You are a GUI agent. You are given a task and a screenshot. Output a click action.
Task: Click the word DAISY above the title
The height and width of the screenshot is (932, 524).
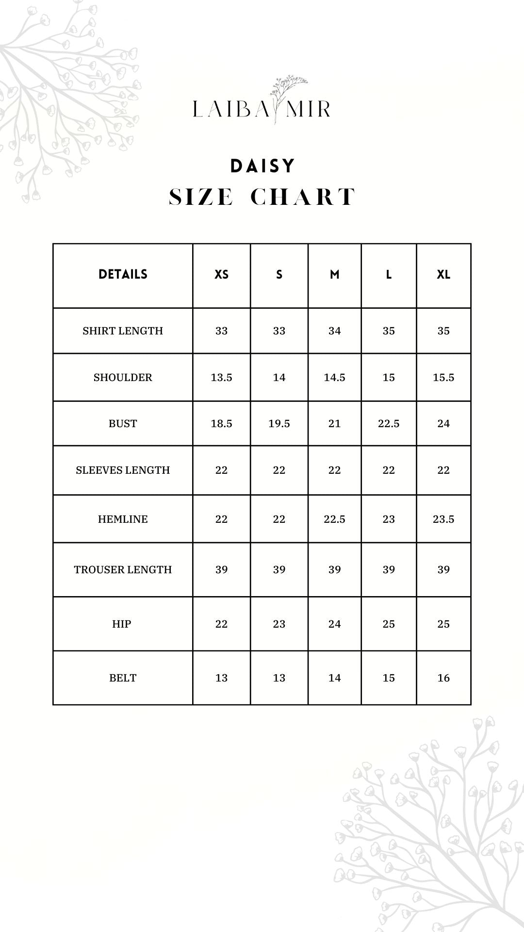pyautogui.click(x=262, y=166)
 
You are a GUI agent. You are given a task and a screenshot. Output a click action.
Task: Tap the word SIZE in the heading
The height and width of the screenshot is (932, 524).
pyautogui.click(x=201, y=197)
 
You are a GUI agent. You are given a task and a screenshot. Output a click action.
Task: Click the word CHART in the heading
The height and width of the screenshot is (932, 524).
pyautogui.click(x=303, y=197)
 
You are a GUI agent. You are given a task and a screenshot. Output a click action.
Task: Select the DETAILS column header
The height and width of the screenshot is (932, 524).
pyautogui.click(x=123, y=274)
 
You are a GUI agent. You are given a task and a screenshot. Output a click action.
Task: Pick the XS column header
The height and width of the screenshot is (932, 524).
pyautogui.click(x=221, y=275)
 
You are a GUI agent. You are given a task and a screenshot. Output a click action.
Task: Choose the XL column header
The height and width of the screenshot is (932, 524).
pyautogui.click(x=443, y=275)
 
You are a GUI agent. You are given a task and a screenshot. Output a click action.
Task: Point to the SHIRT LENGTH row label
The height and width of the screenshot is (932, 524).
pyautogui.click(x=123, y=331)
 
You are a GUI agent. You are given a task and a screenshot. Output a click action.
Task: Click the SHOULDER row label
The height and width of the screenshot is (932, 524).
pyautogui.click(x=123, y=378)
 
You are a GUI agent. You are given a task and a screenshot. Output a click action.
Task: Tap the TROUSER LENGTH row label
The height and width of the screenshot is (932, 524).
pyautogui.click(x=123, y=570)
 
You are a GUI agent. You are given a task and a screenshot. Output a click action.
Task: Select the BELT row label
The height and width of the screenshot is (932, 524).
pyautogui.click(x=123, y=678)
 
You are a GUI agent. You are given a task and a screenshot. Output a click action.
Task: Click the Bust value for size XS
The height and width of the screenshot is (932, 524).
pyautogui.click(x=221, y=424)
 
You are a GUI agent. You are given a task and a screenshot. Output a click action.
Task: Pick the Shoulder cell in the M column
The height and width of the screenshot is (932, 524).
pyautogui.click(x=334, y=378)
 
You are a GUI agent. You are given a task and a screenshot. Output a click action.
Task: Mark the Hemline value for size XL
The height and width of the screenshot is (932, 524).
pyautogui.click(x=443, y=519)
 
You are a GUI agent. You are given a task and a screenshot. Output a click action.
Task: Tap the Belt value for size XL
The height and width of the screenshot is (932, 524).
pyautogui.click(x=443, y=678)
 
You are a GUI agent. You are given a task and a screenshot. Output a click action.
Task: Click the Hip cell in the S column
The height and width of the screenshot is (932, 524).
pyautogui.click(x=279, y=624)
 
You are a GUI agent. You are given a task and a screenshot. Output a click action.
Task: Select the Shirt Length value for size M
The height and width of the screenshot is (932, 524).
pyautogui.click(x=334, y=331)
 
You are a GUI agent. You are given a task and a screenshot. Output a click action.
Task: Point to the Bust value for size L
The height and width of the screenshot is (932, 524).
pyautogui.click(x=389, y=424)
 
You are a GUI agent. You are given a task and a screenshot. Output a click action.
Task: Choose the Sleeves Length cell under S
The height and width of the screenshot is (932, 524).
pyautogui.click(x=279, y=470)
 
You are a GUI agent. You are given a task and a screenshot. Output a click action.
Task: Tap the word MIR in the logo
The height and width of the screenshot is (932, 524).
pyautogui.click(x=308, y=109)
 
